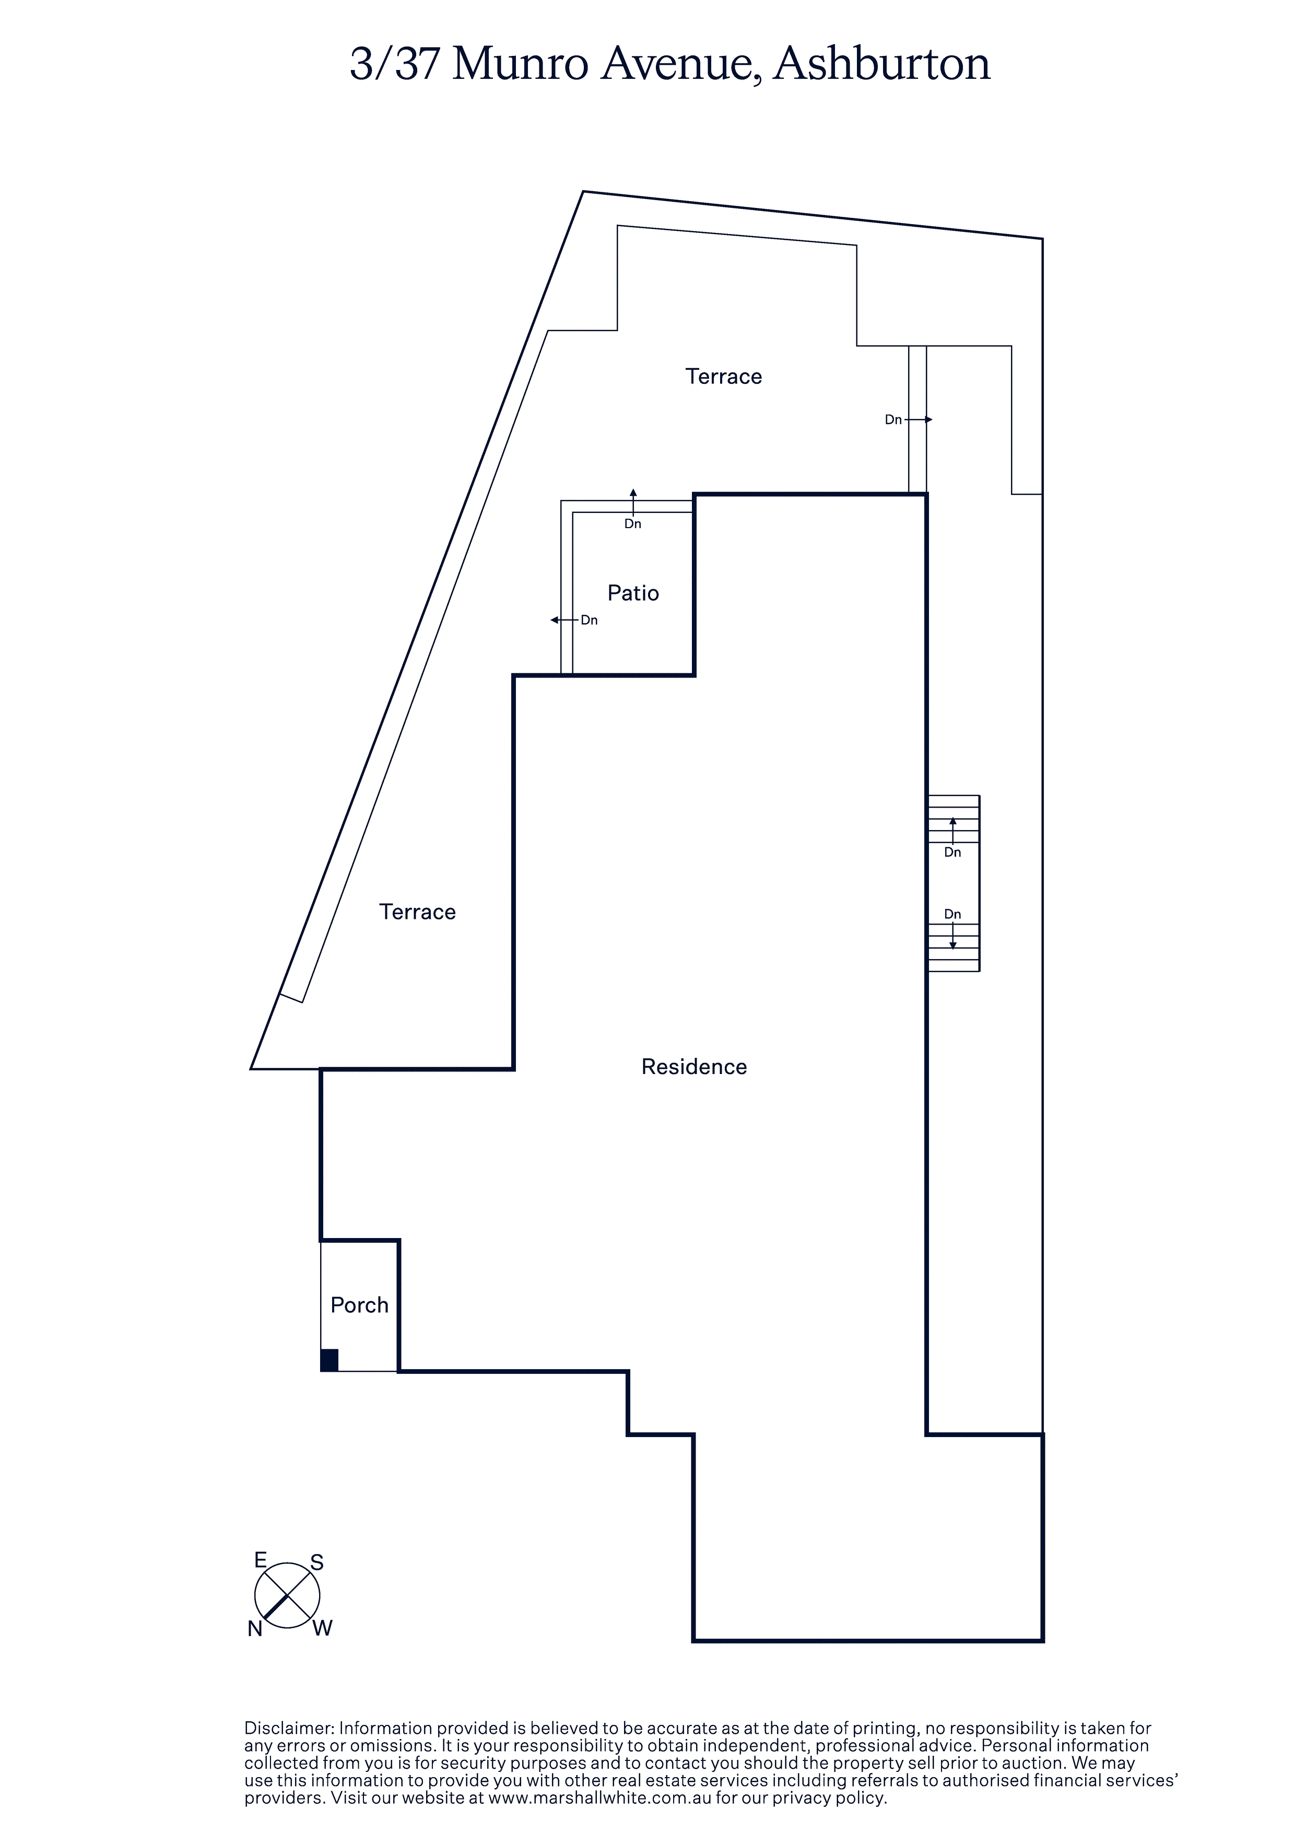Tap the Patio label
tap(633, 593)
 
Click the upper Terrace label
tap(724, 377)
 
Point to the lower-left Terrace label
tap(417, 912)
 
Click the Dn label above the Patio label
tap(633, 524)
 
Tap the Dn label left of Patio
tap(589, 620)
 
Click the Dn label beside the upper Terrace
tap(893, 419)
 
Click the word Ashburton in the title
tap(881, 64)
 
